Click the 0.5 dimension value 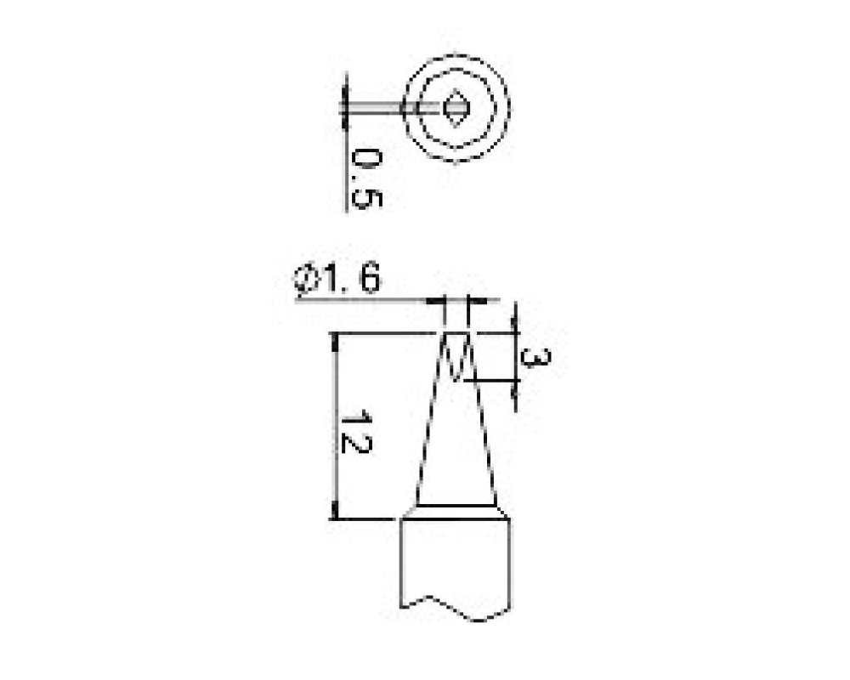coord(367,179)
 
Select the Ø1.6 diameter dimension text coord(337,280)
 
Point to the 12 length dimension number coord(356,433)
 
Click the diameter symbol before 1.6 coord(306,280)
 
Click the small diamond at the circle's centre coord(454,107)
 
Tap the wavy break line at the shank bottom coord(456,608)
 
